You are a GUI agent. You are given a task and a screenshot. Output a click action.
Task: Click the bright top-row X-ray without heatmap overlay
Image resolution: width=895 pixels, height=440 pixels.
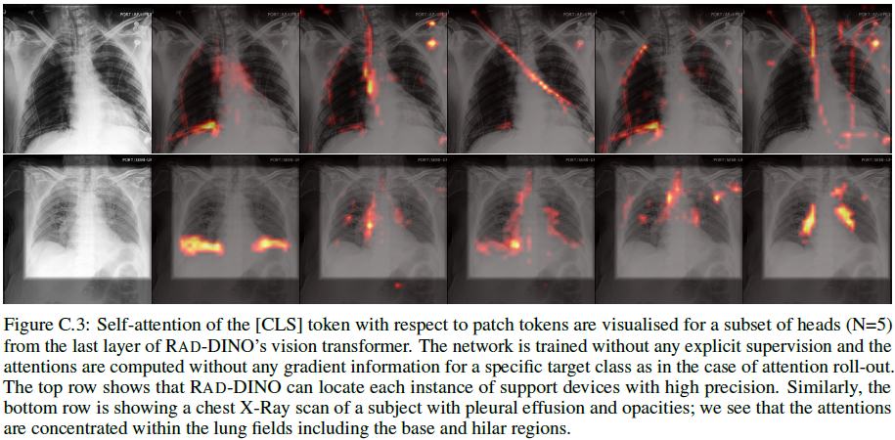[76, 78]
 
